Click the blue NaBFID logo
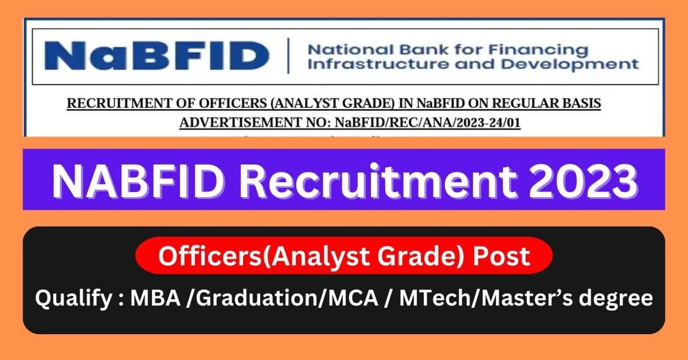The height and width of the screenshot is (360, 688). (x=156, y=56)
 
